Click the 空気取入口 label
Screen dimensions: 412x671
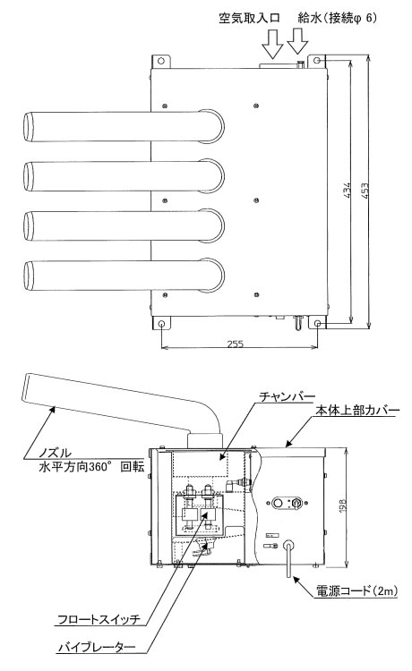point(249,19)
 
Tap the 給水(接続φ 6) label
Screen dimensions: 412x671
point(338,19)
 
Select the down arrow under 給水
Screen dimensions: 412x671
point(297,41)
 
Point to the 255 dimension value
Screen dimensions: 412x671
point(236,344)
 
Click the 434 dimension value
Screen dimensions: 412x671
point(348,190)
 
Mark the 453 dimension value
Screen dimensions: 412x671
point(365,190)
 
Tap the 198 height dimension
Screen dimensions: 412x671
point(343,506)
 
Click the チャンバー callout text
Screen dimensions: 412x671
point(287,396)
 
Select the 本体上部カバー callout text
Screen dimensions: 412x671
point(357,411)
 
